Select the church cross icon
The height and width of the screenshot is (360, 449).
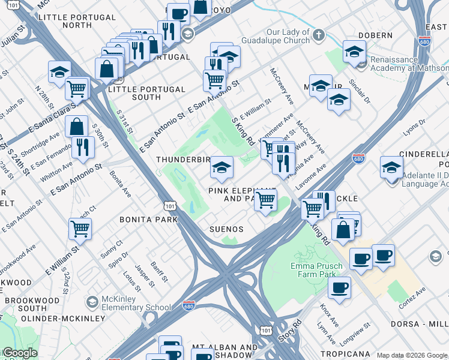pos(318,35)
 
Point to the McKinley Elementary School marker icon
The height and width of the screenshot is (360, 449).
pos(92,301)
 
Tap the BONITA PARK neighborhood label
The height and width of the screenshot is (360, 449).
pos(148,220)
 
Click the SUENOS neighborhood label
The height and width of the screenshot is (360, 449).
pos(226,229)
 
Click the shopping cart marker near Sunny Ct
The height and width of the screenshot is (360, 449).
pos(80,228)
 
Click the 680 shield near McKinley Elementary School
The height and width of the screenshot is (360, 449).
pos(188,306)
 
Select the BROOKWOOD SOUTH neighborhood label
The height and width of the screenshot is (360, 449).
pos(25,304)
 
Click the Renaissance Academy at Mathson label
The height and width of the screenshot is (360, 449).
pos(409,64)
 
